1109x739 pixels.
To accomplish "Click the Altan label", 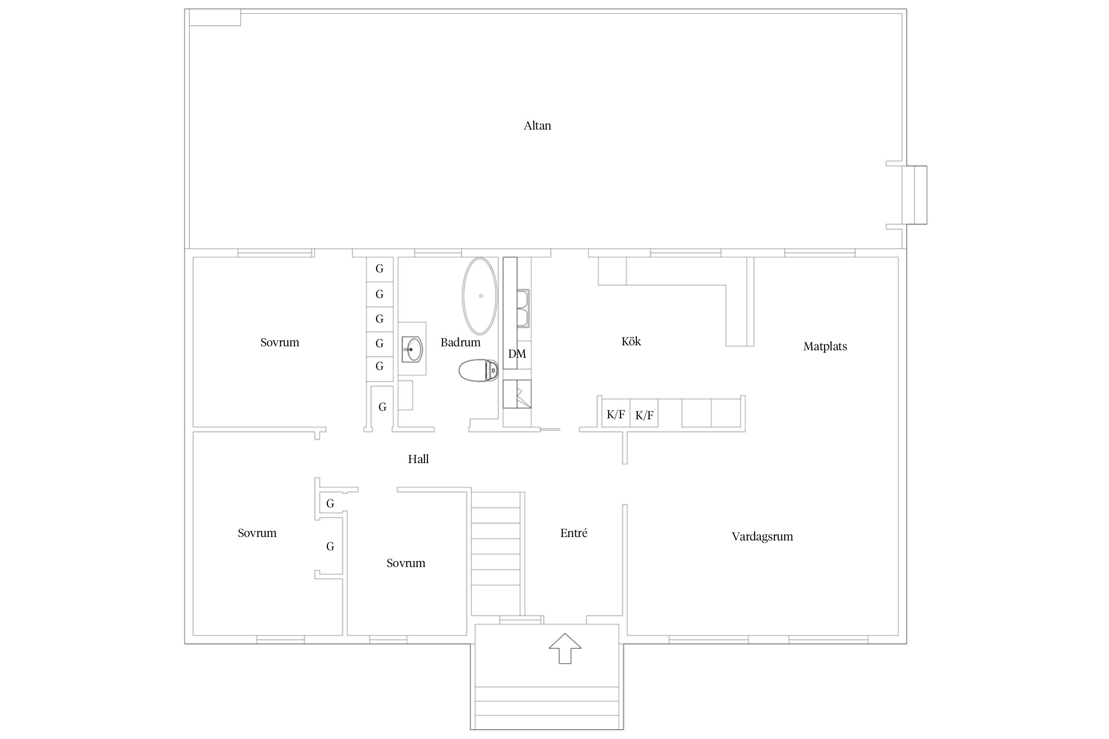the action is point(537,126).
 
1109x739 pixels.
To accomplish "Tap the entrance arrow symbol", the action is point(565,648).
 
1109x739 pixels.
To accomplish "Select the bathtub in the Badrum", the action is point(480,296).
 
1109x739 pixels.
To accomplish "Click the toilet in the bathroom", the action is point(478,370).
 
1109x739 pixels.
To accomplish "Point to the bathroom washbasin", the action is point(412,349).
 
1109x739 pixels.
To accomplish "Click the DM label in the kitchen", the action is point(517,354).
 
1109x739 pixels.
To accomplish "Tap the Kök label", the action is point(631,341).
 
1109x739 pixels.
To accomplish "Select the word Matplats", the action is point(825,346).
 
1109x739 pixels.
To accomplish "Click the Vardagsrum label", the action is point(762,537).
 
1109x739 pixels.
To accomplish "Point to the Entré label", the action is point(574,533).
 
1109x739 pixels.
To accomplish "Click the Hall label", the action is point(418,459).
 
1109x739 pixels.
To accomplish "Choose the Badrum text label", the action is point(460,342).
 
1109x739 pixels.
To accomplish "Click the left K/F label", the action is point(616,414).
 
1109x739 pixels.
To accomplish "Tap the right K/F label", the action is point(644,415).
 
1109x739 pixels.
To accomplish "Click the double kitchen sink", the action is point(523,309).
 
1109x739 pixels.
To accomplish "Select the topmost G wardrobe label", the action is point(380,269).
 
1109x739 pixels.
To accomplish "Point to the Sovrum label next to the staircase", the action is point(406,563).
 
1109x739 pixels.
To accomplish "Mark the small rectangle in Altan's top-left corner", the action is point(215,17).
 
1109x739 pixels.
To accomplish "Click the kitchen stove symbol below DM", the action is point(517,394).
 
